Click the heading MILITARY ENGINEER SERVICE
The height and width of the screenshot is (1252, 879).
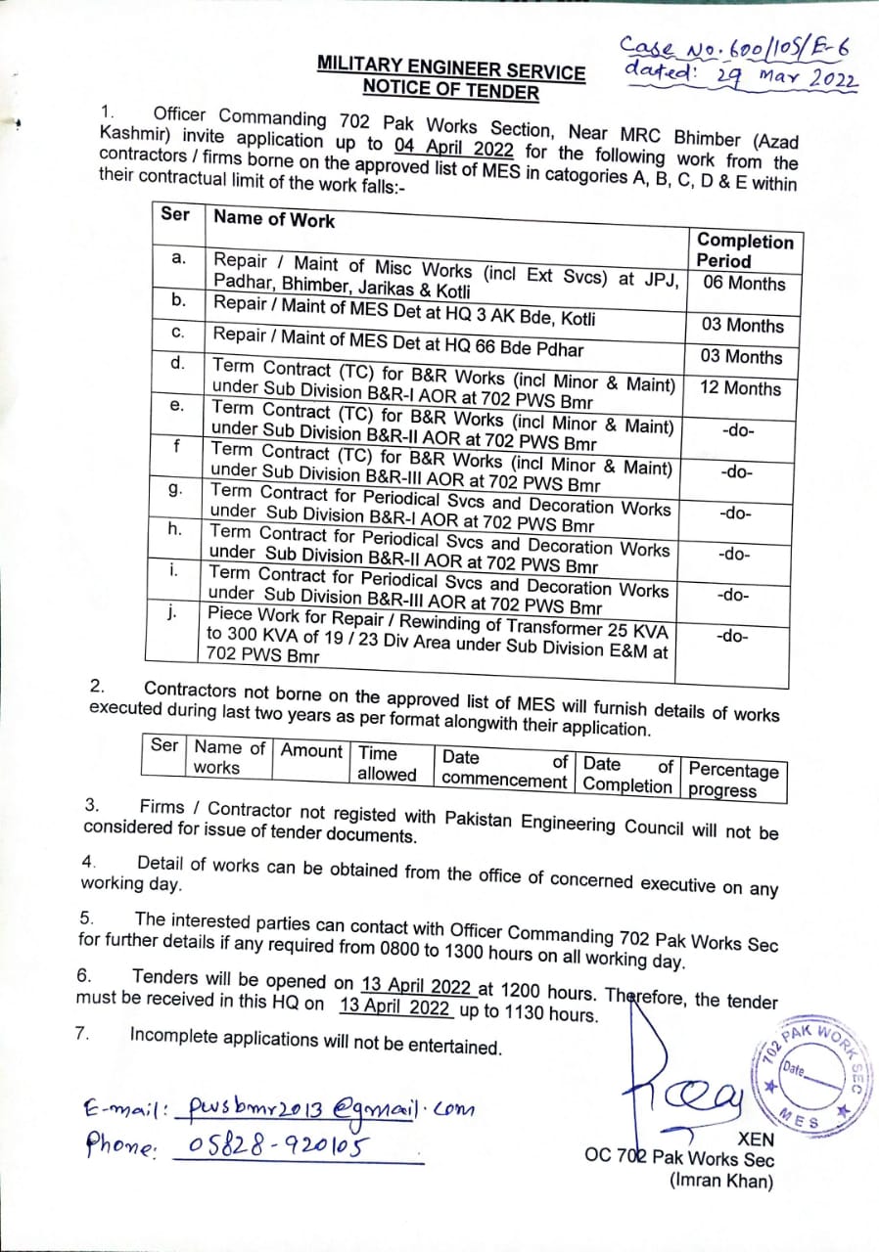point(451,69)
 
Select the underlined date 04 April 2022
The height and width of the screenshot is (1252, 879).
point(455,148)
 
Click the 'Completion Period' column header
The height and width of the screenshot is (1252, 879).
point(744,250)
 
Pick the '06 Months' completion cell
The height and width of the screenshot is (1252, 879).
point(744,284)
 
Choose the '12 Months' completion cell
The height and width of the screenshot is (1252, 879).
point(741,388)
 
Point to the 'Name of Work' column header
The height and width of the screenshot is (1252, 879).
point(274,219)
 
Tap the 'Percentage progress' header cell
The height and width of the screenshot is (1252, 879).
point(733,781)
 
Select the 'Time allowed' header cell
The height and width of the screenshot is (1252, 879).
point(387,764)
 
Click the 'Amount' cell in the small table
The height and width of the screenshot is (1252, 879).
point(311,751)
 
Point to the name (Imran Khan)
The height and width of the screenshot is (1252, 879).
point(721,1181)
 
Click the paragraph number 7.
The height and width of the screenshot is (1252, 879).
point(83,1034)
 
